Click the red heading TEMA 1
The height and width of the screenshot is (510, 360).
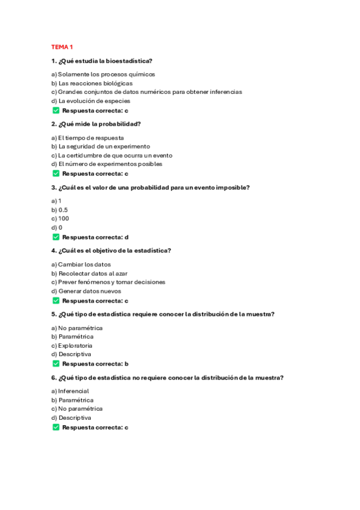62,47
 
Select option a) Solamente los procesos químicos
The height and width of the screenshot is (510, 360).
103,75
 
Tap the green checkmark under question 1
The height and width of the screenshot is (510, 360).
56,111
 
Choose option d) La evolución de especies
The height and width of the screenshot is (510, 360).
90,101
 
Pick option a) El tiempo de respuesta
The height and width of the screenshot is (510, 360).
87,138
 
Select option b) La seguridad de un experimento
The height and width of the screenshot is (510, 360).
100,146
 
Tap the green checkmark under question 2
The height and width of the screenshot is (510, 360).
56,174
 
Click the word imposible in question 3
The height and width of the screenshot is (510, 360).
232,187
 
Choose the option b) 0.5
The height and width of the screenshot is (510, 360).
59,210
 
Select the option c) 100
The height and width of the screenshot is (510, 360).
60,218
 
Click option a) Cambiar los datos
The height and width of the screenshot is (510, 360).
81,264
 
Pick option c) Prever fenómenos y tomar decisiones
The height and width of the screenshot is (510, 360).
108,281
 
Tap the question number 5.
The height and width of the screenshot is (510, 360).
53,314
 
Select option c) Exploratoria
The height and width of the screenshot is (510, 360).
72,346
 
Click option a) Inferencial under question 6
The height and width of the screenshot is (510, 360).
70,391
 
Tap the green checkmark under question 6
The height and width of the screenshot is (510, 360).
56,427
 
